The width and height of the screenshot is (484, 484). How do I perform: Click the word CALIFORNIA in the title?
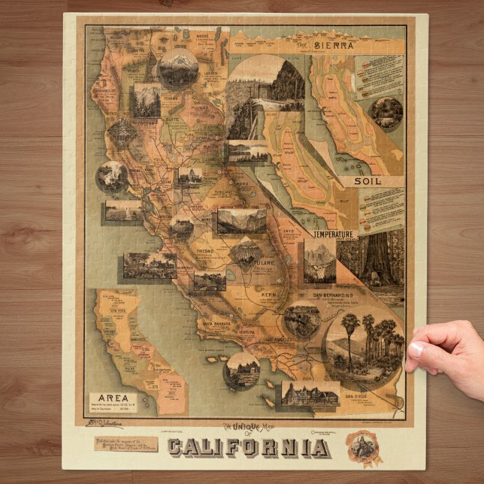pyautogui.click(x=248, y=447)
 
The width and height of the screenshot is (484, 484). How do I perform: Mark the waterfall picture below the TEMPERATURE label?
pyautogui.click(x=319, y=262)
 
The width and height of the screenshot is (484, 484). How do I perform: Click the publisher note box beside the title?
pyautogui.click(x=124, y=445)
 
